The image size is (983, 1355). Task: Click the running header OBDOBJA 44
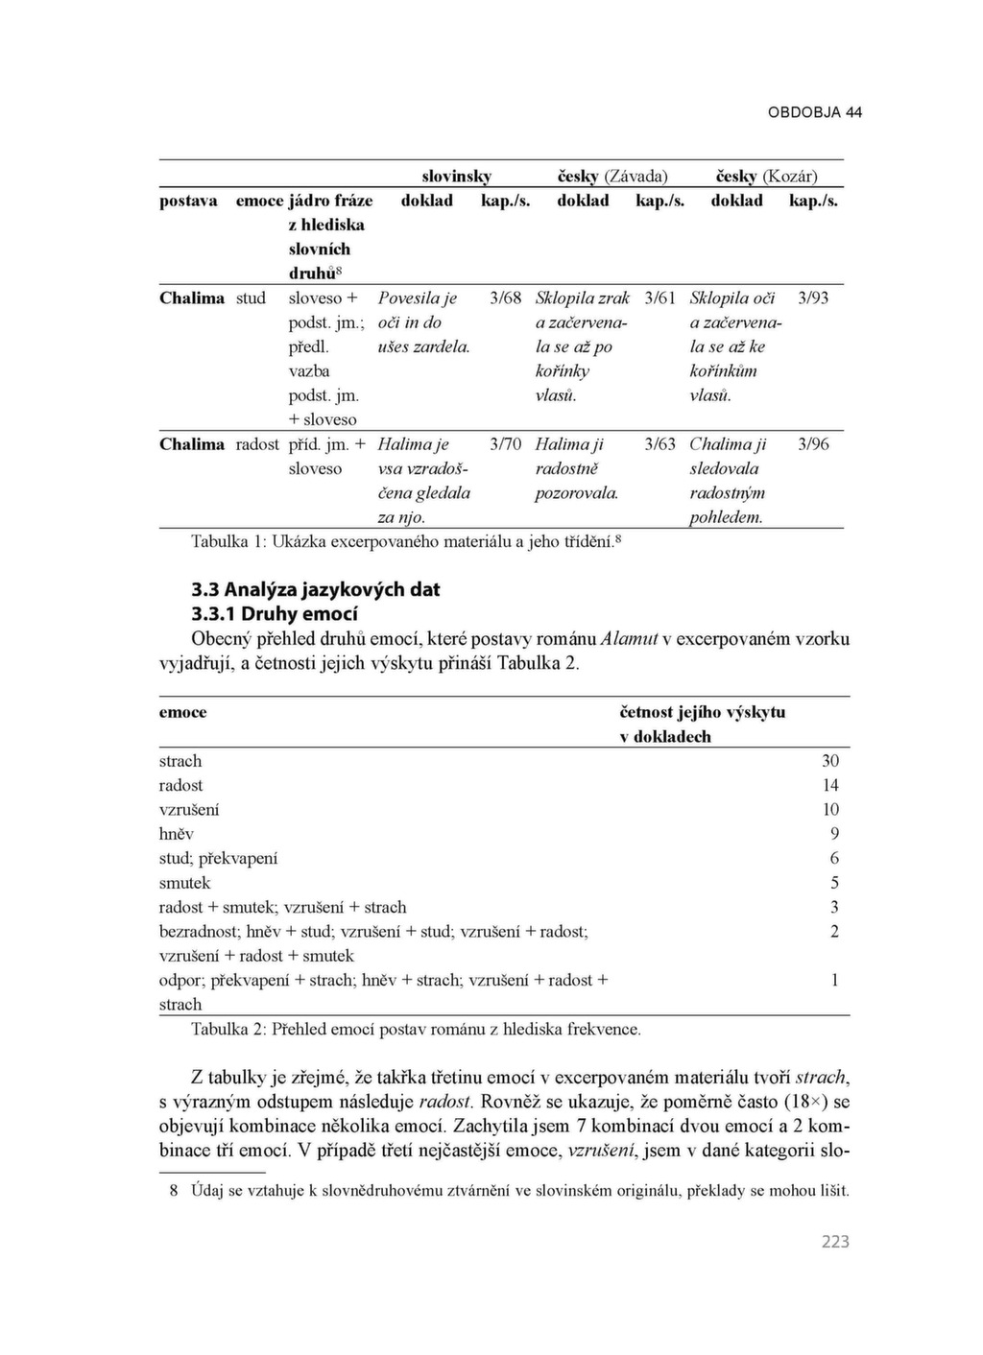coord(814,112)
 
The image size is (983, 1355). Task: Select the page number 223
coord(835,1241)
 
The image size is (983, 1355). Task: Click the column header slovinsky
coord(457,176)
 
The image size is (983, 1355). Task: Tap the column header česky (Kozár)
coord(767,176)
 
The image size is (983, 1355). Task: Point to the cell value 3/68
coord(505,297)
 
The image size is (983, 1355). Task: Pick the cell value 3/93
coord(813,297)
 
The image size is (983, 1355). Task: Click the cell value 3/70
coord(505,443)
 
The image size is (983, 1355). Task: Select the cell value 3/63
coord(659,443)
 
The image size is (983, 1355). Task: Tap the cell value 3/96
coord(813,443)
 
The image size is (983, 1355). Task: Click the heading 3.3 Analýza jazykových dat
coord(316,589)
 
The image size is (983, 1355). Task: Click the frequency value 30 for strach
coord(830,760)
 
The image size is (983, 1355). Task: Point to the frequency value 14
coord(830,785)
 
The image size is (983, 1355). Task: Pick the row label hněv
coord(177,834)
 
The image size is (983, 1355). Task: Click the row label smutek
coord(184,883)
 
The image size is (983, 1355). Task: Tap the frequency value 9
coord(834,834)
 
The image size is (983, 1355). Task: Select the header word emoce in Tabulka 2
coord(182,712)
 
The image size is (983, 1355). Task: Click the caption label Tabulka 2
coord(227,1029)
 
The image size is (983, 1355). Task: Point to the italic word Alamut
coord(629,638)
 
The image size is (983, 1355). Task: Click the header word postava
coord(188,201)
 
